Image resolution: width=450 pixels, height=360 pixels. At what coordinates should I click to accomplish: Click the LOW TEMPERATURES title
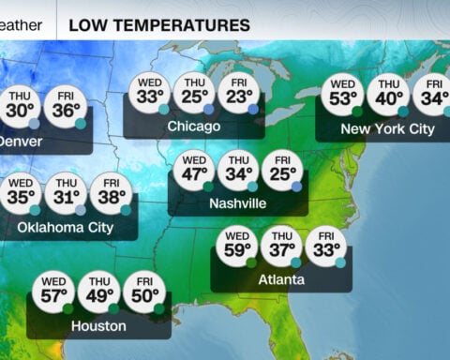click(159, 24)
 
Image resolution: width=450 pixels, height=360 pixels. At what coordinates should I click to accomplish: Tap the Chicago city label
click(194, 126)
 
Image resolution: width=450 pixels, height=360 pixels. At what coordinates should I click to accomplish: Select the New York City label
click(387, 128)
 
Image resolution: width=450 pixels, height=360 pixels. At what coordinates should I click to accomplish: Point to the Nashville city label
click(238, 202)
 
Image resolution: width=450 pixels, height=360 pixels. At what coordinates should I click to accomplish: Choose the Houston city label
click(98, 325)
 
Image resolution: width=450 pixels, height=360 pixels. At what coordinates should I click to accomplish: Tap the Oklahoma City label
click(66, 226)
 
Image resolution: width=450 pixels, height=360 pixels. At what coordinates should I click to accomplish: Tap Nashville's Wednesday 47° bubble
click(193, 171)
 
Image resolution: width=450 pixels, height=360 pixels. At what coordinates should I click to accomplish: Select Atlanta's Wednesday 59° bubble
click(237, 247)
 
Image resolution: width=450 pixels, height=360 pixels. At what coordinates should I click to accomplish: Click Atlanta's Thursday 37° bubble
click(281, 247)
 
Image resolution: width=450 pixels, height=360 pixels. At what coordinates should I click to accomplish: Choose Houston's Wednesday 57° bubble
click(54, 292)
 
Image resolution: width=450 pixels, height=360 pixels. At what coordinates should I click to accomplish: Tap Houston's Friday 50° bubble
click(144, 292)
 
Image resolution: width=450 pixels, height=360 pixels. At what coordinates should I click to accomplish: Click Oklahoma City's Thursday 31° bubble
click(66, 194)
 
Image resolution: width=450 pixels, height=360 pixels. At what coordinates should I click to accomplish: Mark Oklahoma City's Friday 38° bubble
click(111, 194)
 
